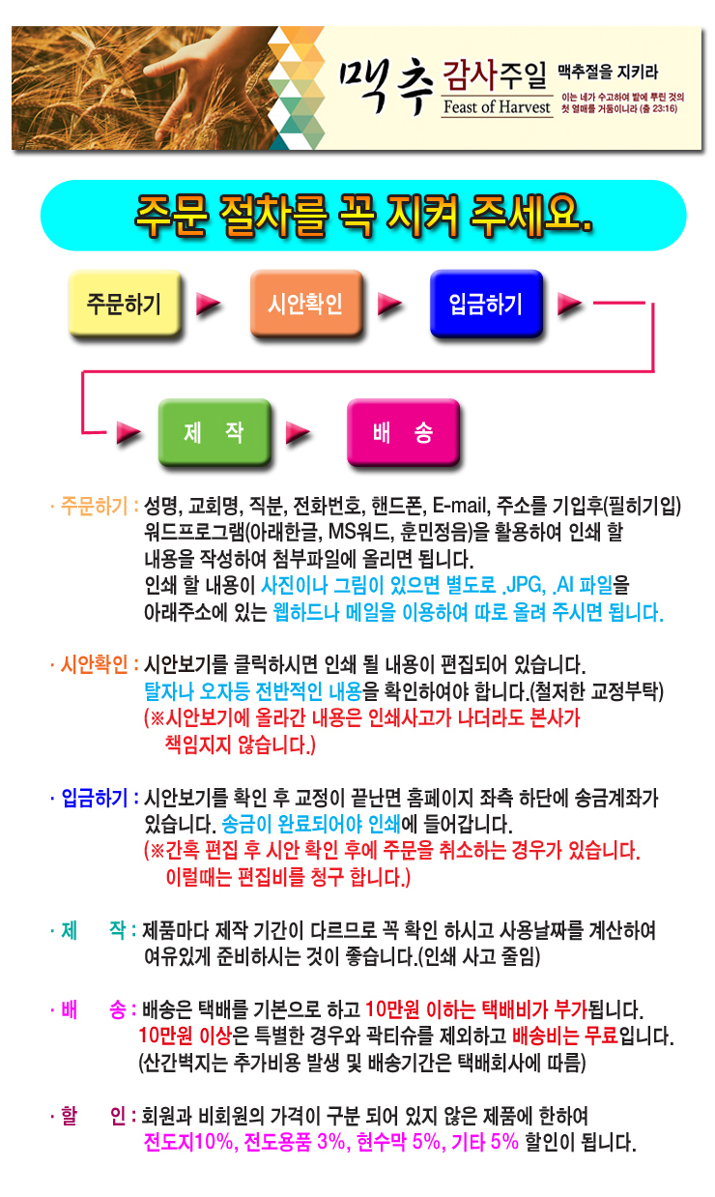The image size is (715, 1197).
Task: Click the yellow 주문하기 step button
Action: (125, 304)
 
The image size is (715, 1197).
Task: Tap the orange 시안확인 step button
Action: (306, 304)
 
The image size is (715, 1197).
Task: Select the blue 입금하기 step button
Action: (486, 304)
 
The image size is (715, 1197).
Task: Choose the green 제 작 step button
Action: (214, 432)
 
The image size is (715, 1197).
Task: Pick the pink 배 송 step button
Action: (403, 432)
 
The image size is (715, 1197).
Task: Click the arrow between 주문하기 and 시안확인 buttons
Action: (208, 304)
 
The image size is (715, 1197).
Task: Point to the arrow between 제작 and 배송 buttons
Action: (298, 432)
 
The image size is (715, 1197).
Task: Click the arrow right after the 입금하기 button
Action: (569, 304)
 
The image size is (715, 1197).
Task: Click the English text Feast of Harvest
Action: (497, 107)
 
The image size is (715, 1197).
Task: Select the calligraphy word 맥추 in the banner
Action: (386, 85)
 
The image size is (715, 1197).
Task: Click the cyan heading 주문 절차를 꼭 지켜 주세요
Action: (363, 215)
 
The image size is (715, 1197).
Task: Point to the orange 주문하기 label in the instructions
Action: (94, 506)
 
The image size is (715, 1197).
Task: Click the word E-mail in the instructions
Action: (461, 506)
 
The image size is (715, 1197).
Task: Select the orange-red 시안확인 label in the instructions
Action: (94, 664)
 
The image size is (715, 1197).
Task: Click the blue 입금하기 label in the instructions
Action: (94, 798)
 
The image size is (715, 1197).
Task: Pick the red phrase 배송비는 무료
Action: (565, 1036)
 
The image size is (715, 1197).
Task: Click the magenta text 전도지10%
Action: (189, 1142)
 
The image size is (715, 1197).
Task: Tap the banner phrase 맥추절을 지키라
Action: (608, 73)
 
